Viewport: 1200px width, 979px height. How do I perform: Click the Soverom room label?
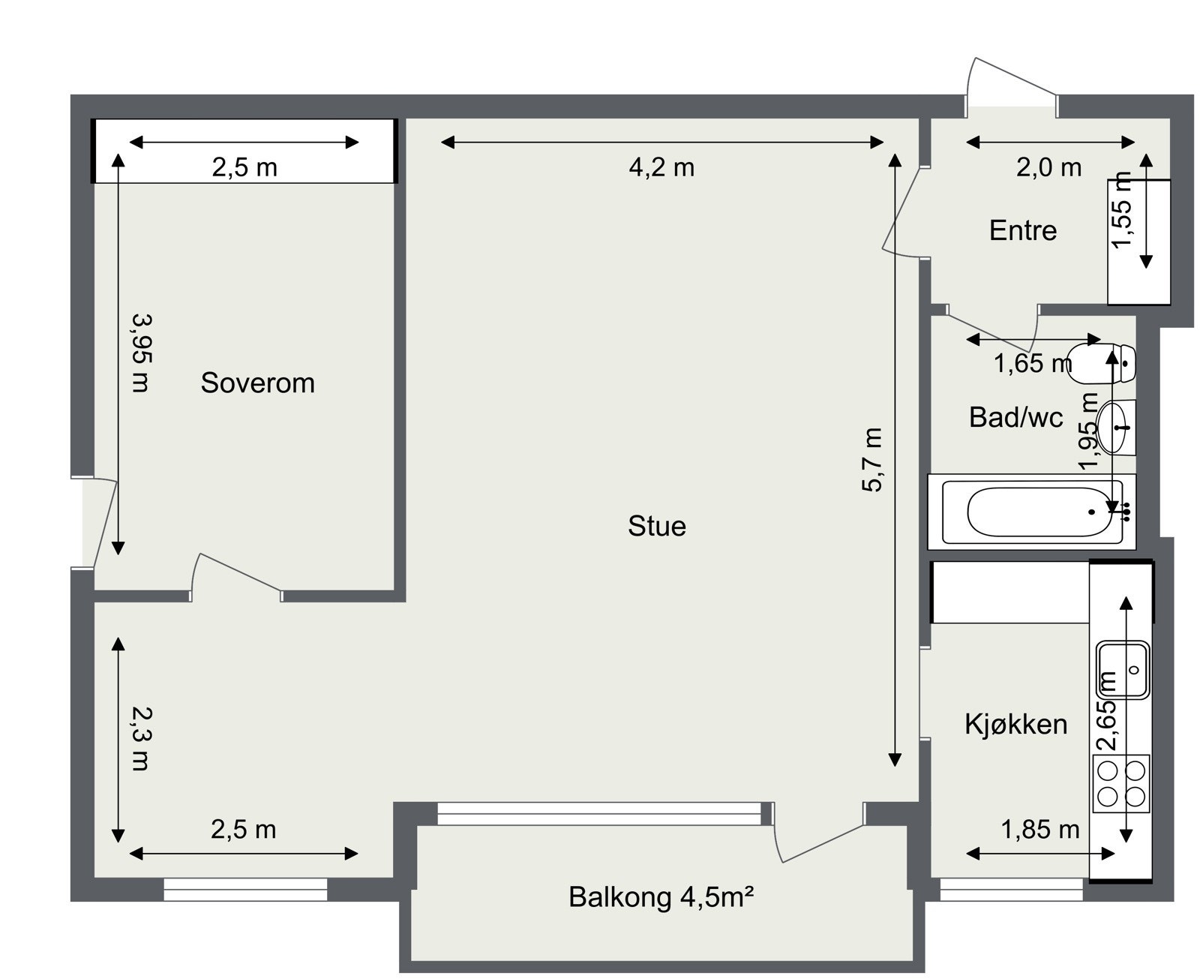point(257,383)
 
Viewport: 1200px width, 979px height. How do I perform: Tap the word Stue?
point(656,526)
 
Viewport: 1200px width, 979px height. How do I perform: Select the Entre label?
point(1022,230)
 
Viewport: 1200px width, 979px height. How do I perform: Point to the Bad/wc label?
point(1015,417)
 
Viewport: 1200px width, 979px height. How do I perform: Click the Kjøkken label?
point(1015,725)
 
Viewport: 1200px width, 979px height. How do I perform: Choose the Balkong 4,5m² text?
point(661,897)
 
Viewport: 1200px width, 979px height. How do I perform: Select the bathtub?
point(1031,512)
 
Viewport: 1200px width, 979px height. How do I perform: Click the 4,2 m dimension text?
point(661,167)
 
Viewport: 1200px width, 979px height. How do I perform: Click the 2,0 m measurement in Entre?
point(1048,167)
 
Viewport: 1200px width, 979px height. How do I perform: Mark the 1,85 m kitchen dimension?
point(1040,830)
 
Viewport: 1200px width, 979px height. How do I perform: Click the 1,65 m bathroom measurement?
point(1032,364)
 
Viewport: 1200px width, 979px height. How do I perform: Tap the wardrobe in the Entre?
point(1138,242)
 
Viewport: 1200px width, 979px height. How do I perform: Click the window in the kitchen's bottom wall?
point(1011,889)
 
